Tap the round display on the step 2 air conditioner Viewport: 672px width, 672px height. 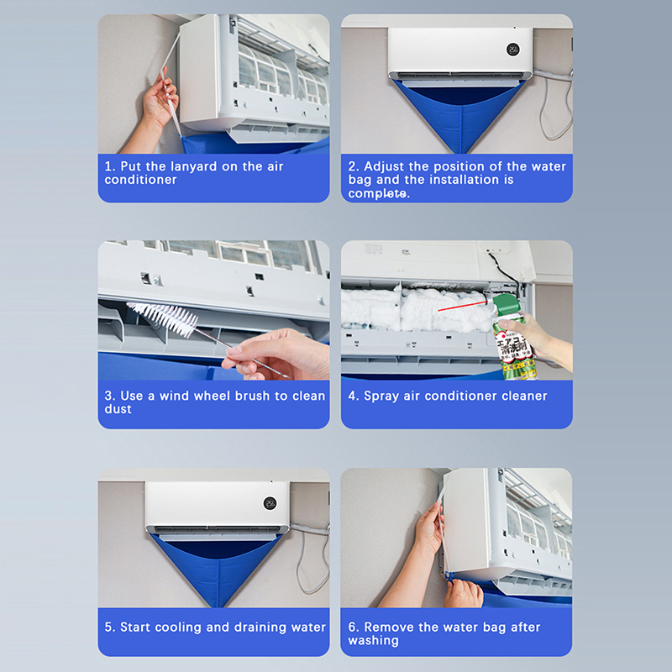click(x=512, y=50)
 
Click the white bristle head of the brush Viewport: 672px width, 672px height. click(x=163, y=318)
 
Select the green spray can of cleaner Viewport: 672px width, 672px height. click(x=513, y=337)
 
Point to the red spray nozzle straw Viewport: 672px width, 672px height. click(x=463, y=306)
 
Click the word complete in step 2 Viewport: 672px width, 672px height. click(x=377, y=194)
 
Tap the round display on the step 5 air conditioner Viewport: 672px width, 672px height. click(x=270, y=503)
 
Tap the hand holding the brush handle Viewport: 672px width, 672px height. click(x=275, y=354)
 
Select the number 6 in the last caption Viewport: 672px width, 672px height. click(x=351, y=627)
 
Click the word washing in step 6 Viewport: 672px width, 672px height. click(x=373, y=641)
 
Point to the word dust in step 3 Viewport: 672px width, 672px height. click(x=118, y=409)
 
